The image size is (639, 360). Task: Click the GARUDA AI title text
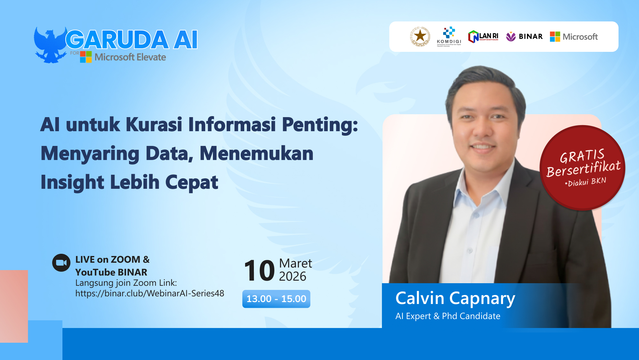click(132, 40)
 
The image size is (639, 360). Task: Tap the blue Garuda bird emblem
click(50, 45)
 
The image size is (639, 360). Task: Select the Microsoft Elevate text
click(130, 57)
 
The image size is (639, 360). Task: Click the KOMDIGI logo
click(449, 36)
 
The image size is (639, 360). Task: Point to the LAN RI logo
click(483, 37)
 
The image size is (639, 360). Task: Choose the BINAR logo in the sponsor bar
click(524, 37)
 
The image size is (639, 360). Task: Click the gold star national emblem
click(420, 36)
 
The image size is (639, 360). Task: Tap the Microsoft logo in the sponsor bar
click(574, 37)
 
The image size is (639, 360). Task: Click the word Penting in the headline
click(320, 124)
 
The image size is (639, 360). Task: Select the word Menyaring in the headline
click(90, 154)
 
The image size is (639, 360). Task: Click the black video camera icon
click(61, 263)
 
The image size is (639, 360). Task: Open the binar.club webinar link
click(150, 293)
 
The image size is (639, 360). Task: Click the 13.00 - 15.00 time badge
click(276, 299)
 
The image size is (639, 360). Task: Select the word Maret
click(295, 263)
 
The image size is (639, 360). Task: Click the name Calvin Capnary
click(455, 298)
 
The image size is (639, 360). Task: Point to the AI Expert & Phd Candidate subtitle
click(448, 316)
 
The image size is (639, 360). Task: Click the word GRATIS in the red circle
click(582, 156)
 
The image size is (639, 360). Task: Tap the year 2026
click(292, 276)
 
